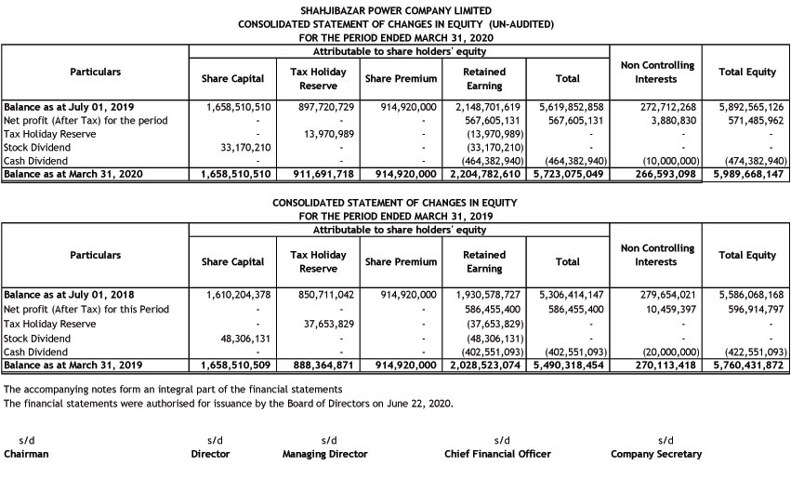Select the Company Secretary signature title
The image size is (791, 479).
click(x=656, y=454)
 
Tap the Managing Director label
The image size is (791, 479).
click(x=324, y=454)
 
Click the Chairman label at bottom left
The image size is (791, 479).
click(x=26, y=454)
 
